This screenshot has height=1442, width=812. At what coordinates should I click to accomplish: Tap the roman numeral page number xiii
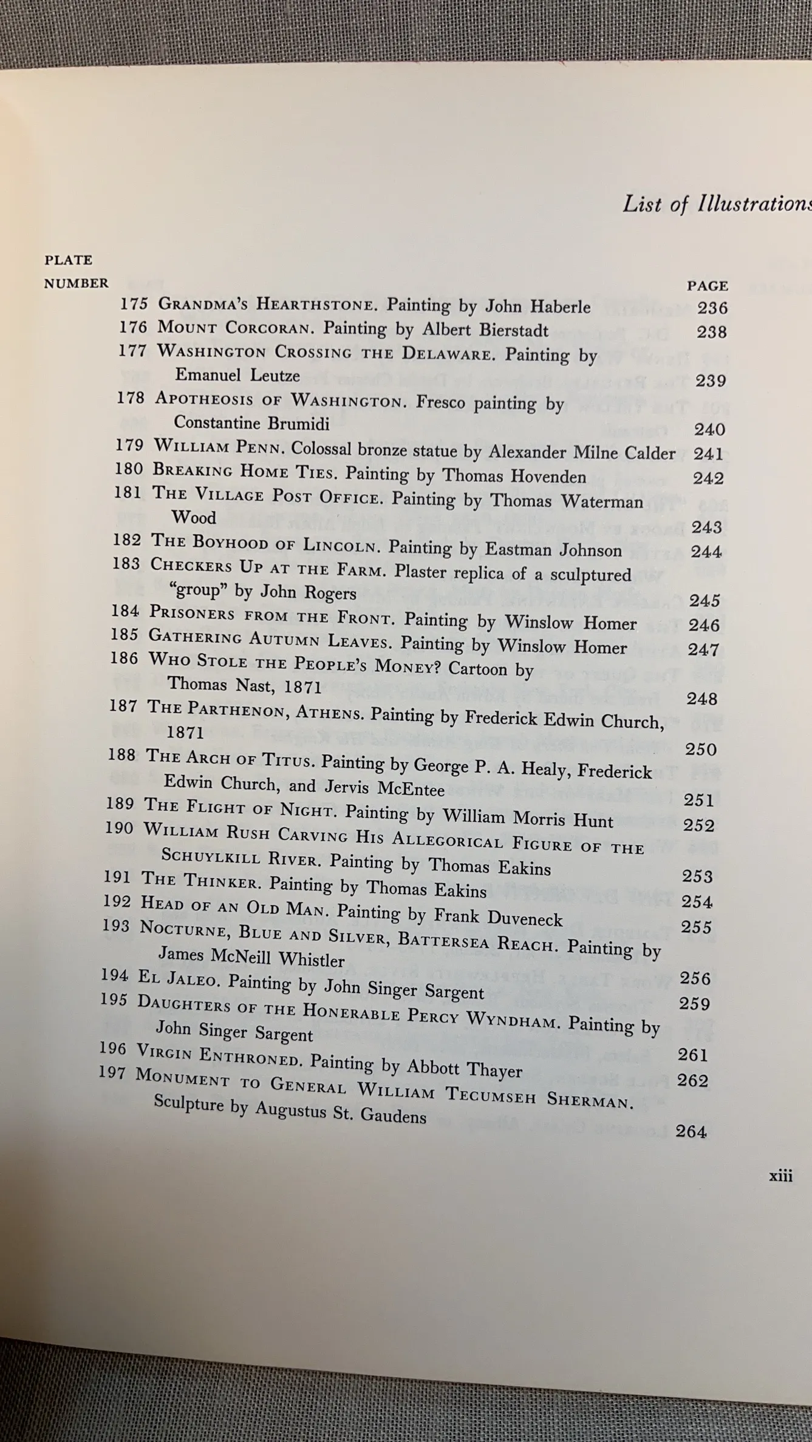[780, 1176]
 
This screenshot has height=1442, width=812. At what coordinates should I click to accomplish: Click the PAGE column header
[707, 285]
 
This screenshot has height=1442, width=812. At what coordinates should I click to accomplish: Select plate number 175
[134, 303]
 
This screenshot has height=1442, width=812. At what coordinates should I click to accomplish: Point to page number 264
[691, 1131]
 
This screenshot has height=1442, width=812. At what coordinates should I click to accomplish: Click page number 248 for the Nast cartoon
[701, 699]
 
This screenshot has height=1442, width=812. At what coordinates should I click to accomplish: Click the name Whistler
[312, 960]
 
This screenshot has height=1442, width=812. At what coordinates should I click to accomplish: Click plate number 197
[112, 1073]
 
